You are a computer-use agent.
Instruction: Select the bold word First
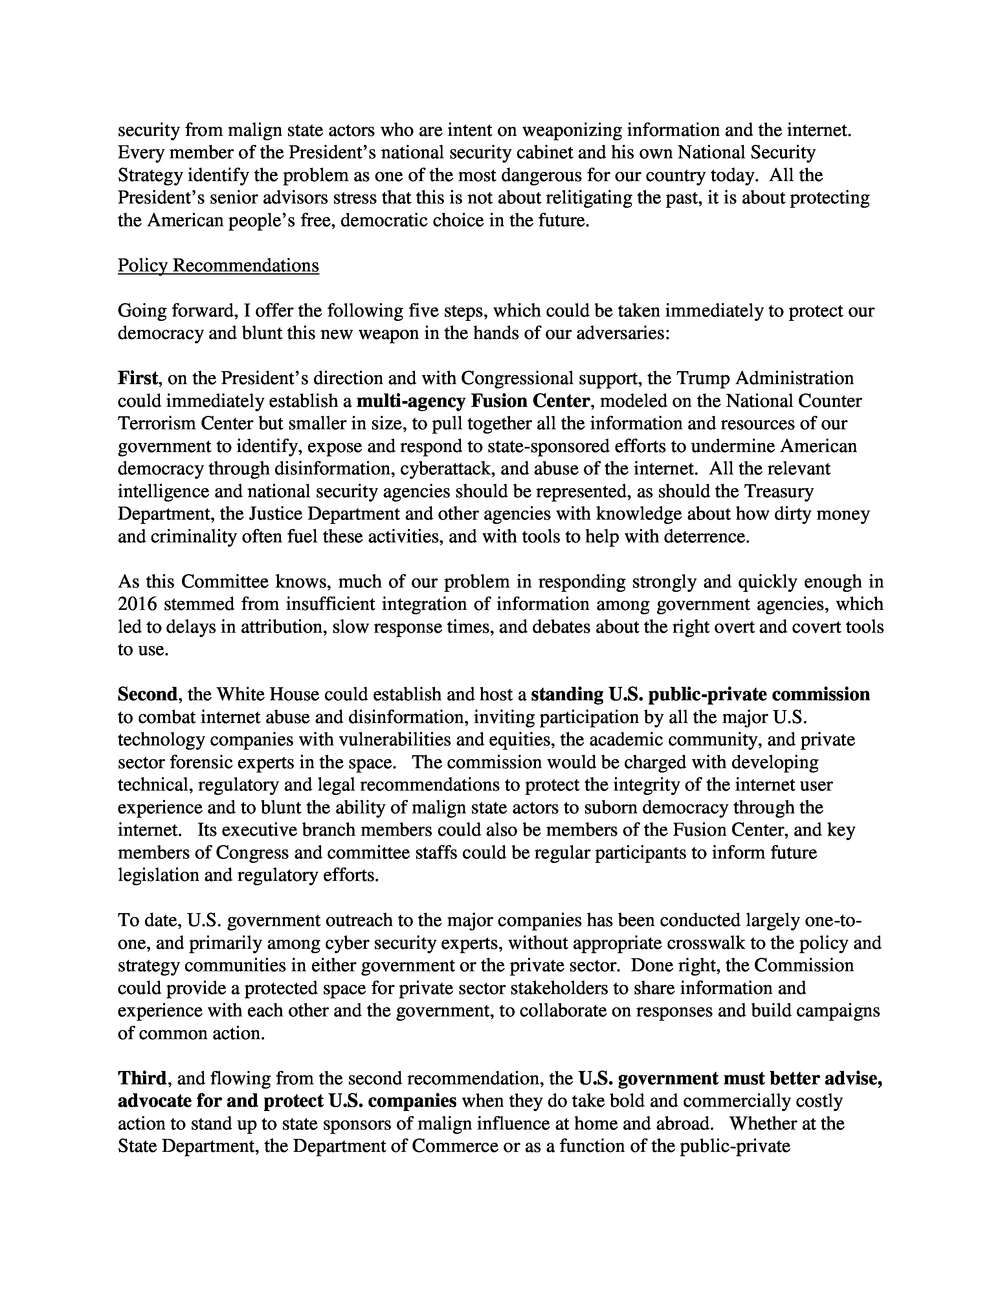click(x=138, y=378)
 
